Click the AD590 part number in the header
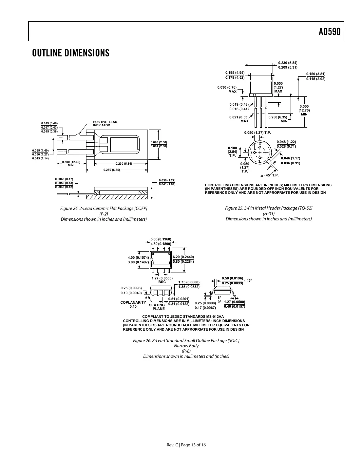point(329,32)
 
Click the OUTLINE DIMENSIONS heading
point(70,53)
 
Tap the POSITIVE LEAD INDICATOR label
point(105,124)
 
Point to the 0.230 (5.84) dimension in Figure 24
point(124,164)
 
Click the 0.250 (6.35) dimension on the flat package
point(112,170)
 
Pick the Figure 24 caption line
point(104,209)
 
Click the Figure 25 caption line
point(269,209)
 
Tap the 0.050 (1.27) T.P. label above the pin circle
point(257,133)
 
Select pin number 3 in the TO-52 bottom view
point(259,144)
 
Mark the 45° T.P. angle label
point(272,175)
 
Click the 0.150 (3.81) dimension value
point(315,74)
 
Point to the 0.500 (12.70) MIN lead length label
point(304,110)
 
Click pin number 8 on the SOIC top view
point(153,254)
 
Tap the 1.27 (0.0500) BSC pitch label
point(162,280)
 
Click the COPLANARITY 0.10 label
point(133,304)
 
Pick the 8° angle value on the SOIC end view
point(219,297)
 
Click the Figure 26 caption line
point(186,341)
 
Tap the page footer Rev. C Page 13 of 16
point(186,445)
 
